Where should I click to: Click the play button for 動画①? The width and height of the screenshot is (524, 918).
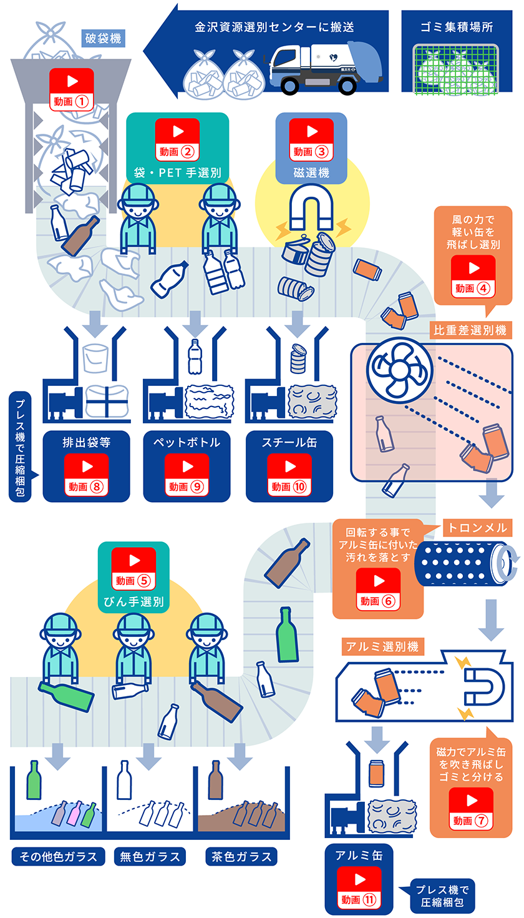pos(72,88)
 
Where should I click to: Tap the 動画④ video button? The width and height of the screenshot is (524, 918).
pos(473,275)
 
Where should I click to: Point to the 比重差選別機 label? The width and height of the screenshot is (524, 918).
pos(470,328)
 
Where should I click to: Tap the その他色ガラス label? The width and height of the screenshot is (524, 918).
pos(57,856)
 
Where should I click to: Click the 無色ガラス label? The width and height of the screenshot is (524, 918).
pos(150,856)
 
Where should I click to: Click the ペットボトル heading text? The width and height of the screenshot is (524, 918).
pos(187,443)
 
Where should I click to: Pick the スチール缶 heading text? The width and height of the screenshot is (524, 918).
pos(289,443)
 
